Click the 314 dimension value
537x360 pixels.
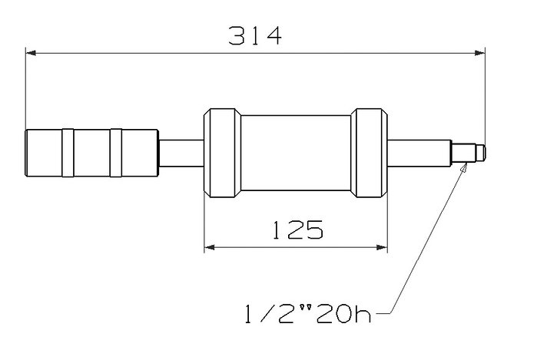[255, 35]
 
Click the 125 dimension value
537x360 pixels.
[297, 230]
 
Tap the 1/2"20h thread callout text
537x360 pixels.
[308, 314]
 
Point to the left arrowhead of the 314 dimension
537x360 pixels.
[31, 53]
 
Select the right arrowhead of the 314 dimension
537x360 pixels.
[480, 53]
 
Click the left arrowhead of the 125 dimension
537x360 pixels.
[210, 247]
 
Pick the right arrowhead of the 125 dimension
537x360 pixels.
[382, 247]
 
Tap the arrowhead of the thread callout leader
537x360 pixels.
[463, 168]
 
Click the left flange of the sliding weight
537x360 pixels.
[222, 153]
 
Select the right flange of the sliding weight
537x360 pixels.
[370, 153]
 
